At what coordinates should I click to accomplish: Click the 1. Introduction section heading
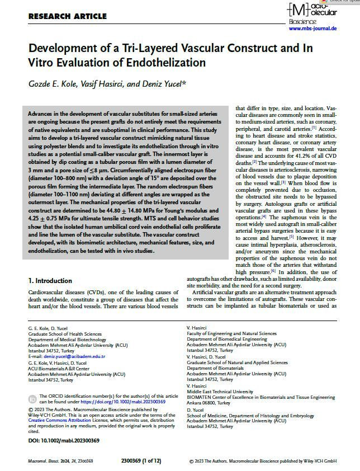coord(50,281)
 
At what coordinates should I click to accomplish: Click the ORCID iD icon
coord(32,399)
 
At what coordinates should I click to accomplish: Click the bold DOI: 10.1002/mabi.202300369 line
coord(64,441)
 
